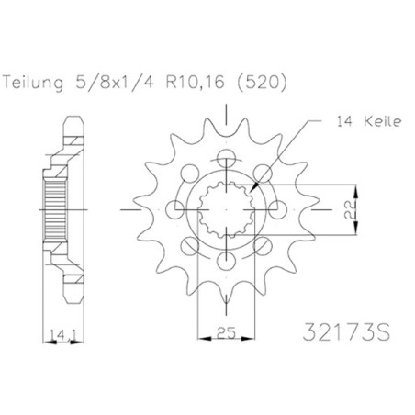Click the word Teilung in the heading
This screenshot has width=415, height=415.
pos(33,83)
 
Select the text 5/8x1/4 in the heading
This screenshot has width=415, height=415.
pos(114,82)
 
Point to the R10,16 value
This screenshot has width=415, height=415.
pos(195,83)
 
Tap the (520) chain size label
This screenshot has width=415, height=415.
pos(262,83)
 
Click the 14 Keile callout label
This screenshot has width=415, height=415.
pos(368,121)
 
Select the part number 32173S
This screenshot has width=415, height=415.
pos(346,332)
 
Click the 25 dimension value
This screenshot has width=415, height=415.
pos(226,332)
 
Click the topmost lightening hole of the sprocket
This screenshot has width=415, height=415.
pos(226,158)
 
